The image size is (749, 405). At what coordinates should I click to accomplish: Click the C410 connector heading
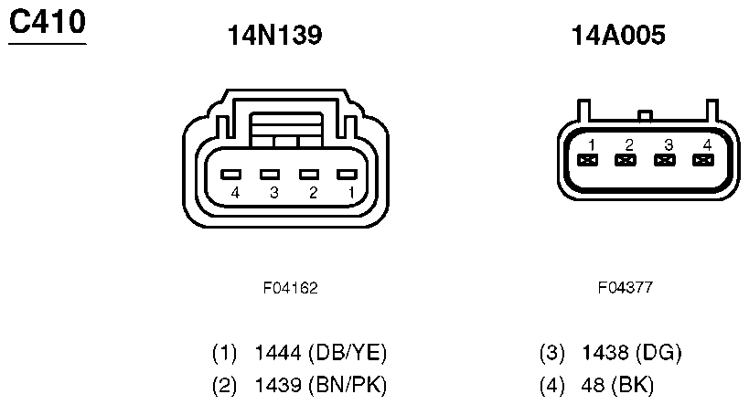[48, 22]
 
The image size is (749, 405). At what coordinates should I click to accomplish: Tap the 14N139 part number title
[274, 36]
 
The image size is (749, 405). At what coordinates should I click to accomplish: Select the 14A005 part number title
[618, 36]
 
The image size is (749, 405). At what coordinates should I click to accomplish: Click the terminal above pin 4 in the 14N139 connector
[230, 175]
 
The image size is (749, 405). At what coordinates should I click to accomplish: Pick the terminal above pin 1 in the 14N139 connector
[347, 175]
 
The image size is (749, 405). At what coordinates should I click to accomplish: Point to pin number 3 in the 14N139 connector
[273, 193]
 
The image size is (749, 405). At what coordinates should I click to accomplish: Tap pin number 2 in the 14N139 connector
[313, 193]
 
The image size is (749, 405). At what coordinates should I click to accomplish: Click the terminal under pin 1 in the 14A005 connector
[587, 160]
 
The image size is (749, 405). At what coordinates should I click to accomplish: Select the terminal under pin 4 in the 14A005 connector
[703, 160]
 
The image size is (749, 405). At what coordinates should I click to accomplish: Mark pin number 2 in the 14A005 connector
[629, 144]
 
